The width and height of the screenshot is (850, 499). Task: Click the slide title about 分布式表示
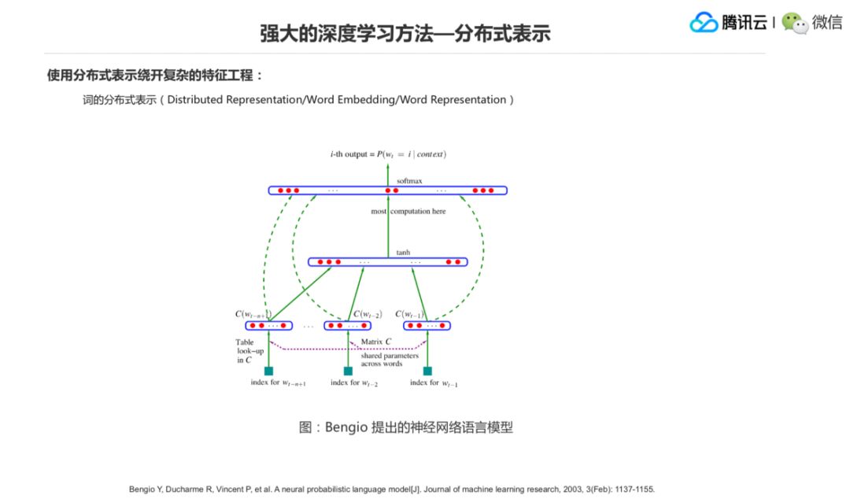click(405, 33)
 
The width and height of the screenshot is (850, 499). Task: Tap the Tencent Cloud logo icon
click(704, 23)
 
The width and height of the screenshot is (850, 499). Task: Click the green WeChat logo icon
click(794, 23)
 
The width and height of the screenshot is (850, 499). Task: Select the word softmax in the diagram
click(409, 181)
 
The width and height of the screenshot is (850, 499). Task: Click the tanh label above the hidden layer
click(403, 253)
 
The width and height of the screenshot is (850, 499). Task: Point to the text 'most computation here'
click(408, 211)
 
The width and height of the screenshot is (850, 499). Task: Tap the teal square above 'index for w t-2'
click(348, 371)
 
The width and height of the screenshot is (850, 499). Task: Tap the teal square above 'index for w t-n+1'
click(268, 371)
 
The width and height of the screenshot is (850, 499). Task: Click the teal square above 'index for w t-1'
click(427, 371)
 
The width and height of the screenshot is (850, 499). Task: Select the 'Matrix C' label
click(376, 342)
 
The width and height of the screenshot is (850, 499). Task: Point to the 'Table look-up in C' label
click(245, 351)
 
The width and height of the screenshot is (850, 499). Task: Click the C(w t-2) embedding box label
click(367, 314)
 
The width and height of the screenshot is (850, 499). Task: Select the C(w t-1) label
click(409, 314)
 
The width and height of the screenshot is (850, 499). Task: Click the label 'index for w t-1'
click(434, 383)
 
